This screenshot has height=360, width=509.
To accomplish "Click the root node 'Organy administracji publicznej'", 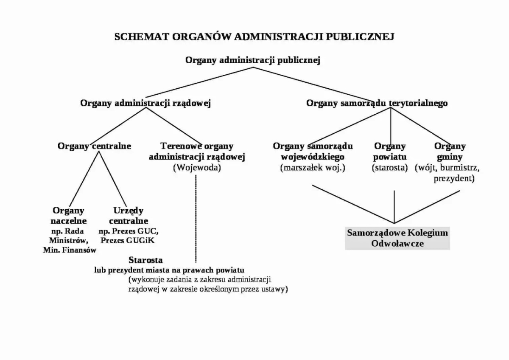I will (253, 60).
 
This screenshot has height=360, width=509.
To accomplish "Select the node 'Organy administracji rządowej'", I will (145, 103).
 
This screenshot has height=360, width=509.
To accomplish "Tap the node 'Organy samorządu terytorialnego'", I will (377, 103).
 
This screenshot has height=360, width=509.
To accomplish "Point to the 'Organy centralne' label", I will (94, 146).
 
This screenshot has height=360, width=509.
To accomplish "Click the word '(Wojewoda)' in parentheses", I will (197, 167).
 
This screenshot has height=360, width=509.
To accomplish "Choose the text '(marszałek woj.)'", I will (313, 167).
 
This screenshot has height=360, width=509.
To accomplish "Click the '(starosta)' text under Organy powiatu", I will (389, 167).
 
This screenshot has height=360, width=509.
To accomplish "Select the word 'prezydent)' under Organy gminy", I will (453, 179).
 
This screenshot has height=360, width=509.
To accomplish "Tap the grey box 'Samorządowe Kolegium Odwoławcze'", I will (397, 238).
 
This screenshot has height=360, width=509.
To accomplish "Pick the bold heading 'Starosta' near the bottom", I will (145, 260).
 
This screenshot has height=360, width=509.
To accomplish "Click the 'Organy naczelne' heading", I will (68, 216).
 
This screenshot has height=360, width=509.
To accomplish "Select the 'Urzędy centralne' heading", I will (129, 216).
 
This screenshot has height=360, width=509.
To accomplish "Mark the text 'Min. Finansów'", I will (70, 250).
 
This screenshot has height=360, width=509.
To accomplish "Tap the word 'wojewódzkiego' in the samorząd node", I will (313, 157).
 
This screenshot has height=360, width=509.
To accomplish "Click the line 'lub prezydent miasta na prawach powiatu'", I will (169, 270).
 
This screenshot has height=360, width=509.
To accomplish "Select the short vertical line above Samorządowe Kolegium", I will (394, 206).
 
